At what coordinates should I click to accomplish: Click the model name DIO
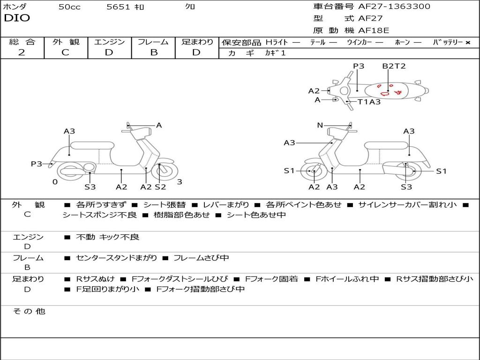pyautogui.click(x=17, y=18)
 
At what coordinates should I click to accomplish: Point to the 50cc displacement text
pyautogui.click(x=69, y=7)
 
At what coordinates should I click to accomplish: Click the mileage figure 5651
pyautogui.click(x=119, y=7)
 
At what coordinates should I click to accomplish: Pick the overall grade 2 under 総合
pyautogui.click(x=22, y=52)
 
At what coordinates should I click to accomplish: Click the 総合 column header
pyautogui.click(x=22, y=42)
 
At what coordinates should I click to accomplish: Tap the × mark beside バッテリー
pyautogui.click(x=468, y=42)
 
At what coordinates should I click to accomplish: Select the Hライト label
pyautogui.click(x=277, y=42)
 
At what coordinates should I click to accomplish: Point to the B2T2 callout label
pyautogui.click(x=394, y=66)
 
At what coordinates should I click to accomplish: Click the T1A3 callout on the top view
pyautogui.click(x=369, y=102)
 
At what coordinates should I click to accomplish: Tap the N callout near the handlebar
pyautogui.click(x=320, y=125)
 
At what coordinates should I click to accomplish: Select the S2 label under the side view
pyautogui.click(x=161, y=187)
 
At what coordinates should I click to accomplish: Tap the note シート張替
pyautogui.click(x=165, y=205)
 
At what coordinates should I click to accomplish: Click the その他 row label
pyautogui.click(x=29, y=311)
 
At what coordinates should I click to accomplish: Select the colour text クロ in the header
pyautogui.click(x=190, y=7)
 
